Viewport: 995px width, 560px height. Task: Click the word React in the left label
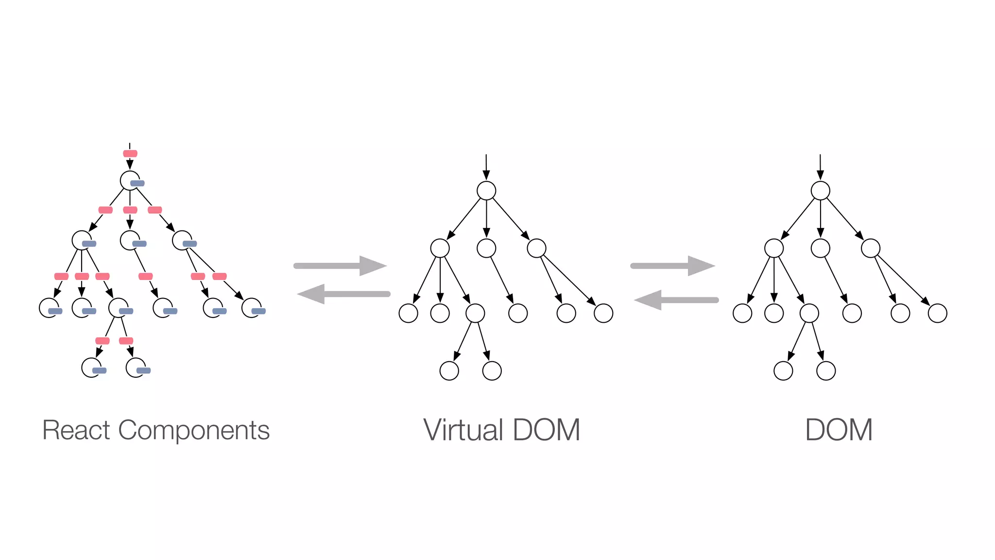tap(76, 430)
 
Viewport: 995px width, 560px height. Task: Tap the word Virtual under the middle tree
tap(463, 430)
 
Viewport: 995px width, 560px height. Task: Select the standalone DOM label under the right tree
tap(839, 430)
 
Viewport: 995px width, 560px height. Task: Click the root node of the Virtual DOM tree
tap(486, 191)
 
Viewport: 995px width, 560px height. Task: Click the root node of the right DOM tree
tap(820, 191)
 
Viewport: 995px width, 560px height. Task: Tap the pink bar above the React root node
tap(130, 154)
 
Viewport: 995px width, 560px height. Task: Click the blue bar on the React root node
tap(137, 183)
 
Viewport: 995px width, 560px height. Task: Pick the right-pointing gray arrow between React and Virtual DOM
tap(340, 266)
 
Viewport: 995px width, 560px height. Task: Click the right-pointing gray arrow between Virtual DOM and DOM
tap(672, 266)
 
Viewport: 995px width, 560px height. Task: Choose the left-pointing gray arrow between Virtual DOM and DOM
tap(676, 300)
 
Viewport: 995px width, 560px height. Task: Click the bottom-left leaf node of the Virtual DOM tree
tap(449, 371)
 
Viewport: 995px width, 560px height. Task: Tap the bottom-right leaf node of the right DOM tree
tap(826, 371)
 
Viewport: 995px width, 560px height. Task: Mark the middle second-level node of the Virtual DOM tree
tap(486, 248)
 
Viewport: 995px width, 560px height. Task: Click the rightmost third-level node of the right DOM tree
tap(937, 313)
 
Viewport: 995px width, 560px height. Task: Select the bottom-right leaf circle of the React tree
tap(135, 367)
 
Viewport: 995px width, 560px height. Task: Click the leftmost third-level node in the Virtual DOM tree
tap(408, 313)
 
